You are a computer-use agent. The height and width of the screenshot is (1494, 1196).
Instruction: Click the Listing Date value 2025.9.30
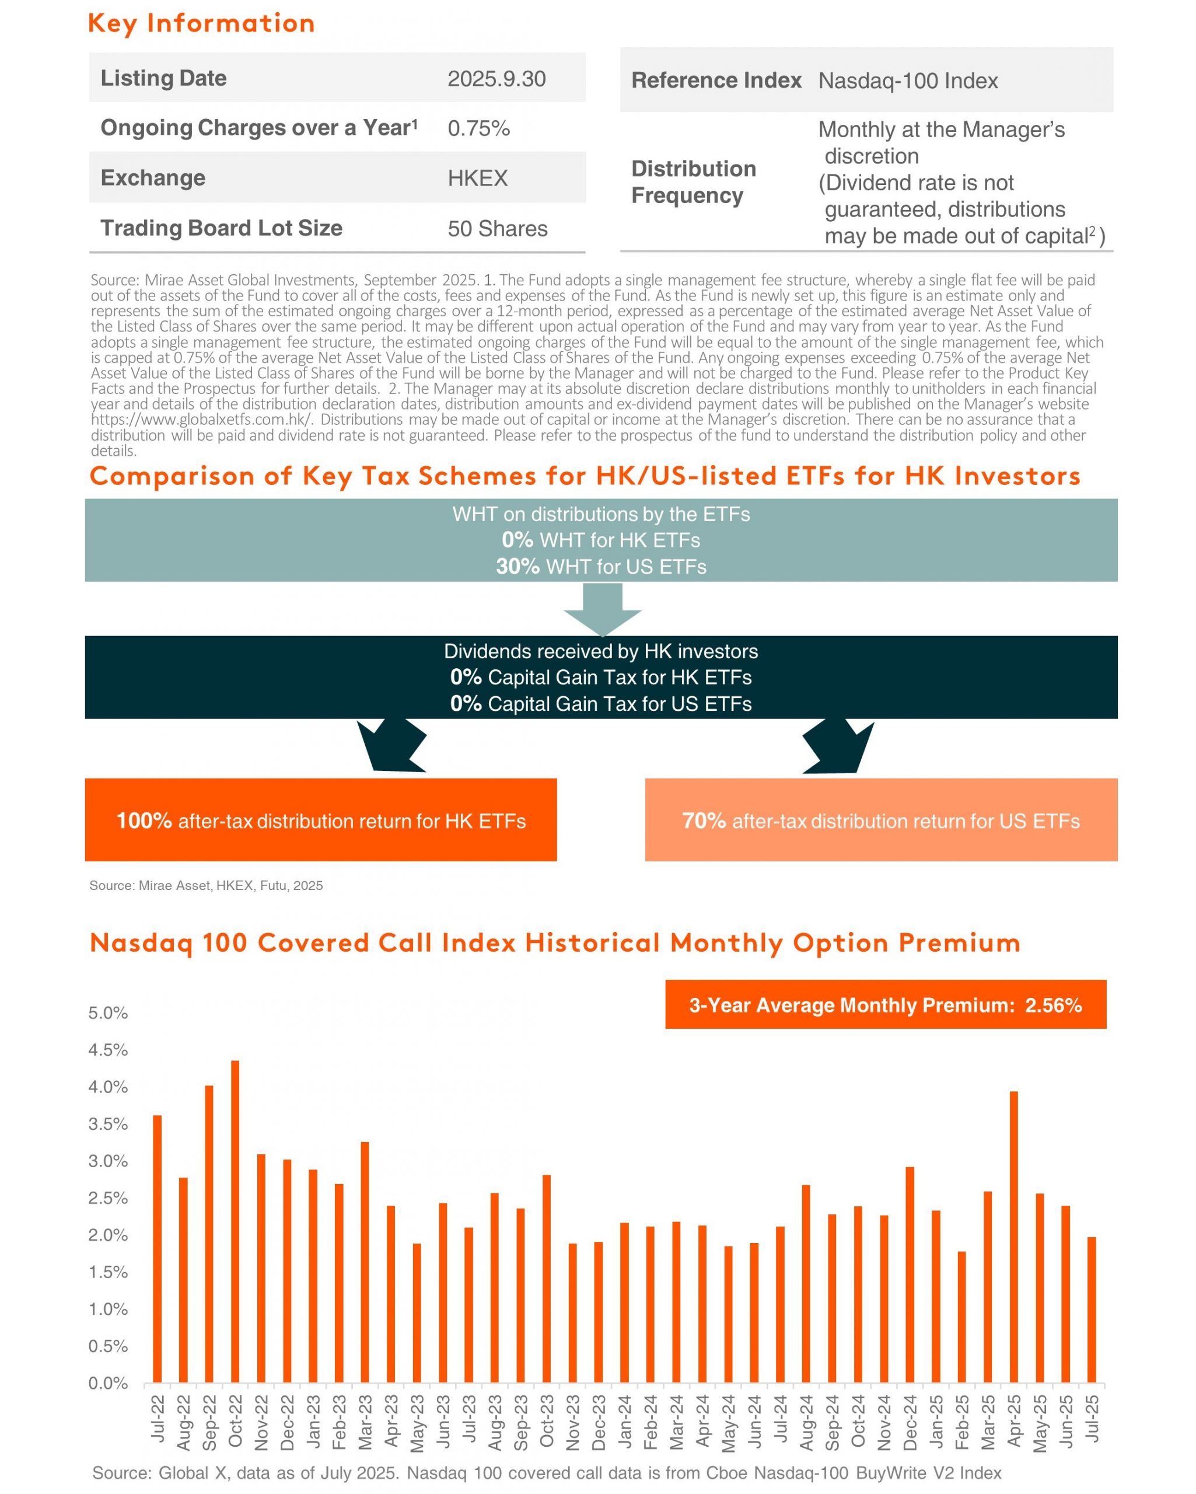pyautogui.click(x=496, y=78)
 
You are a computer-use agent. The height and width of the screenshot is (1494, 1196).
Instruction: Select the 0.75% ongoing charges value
pyautogui.click(x=478, y=128)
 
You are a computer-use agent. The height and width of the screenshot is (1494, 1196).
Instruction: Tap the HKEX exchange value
pyautogui.click(x=477, y=178)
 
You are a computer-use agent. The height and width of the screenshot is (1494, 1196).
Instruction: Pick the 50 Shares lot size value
pyautogui.click(x=497, y=229)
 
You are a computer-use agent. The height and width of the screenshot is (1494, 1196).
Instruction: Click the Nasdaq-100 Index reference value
pyautogui.click(x=908, y=81)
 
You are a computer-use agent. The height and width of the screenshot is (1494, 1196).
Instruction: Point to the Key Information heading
pyautogui.click(x=201, y=23)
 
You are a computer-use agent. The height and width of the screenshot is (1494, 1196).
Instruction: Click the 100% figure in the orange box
pyautogui.click(x=144, y=821)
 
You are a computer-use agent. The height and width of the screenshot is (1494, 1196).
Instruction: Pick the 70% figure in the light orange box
pyautogui.click(x=704, y=821)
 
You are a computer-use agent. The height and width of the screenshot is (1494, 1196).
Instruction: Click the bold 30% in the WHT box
pyautogui.click(x=517, y=566)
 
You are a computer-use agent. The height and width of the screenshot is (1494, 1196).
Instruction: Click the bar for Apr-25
pyautogui.click(x=1014, y=1237)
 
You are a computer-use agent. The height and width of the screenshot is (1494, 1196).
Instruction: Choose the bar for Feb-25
pyautogui.click(x=962, y=1317)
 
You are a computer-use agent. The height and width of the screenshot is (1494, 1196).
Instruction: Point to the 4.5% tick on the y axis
pyautogui.click(x=108, y=1050)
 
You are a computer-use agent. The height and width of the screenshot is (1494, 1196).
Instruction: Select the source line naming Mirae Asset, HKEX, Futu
pyautogui.click(x=207, y=885)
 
